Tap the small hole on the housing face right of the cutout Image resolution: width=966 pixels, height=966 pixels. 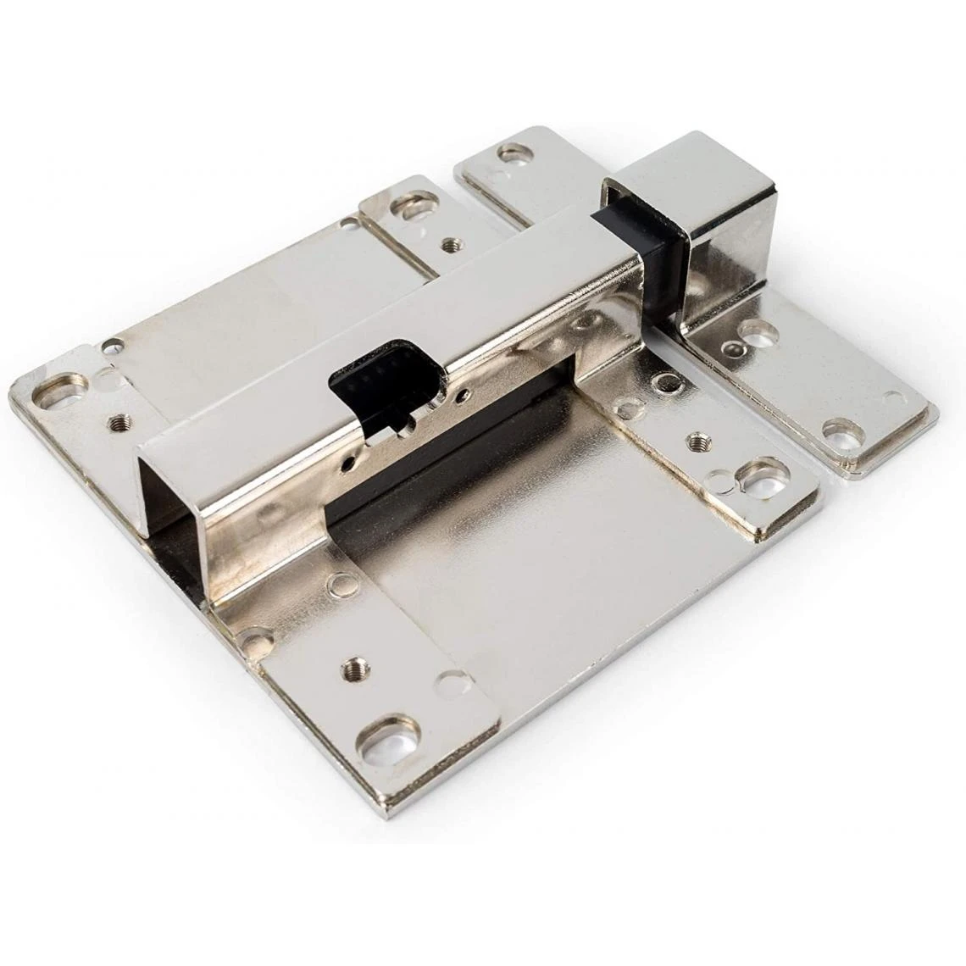point(462,394)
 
